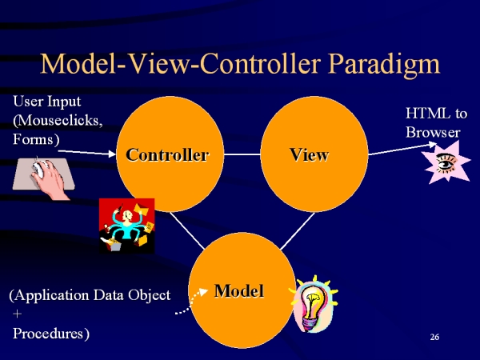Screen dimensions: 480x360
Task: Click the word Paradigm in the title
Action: point(384,64)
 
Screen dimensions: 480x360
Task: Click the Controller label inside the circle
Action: point(167,154)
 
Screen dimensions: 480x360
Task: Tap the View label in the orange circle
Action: point(310,154)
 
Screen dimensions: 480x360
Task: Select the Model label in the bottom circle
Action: point(239,291)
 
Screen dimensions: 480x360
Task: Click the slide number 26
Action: point(434,337)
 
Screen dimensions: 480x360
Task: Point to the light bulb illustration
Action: point(313,304)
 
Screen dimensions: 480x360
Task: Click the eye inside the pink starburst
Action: point(446,162)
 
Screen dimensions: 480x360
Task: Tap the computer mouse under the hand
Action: point(39,168)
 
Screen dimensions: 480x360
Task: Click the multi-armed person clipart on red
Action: point(126,226)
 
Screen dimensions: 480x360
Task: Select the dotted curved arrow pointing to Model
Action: point(190,302)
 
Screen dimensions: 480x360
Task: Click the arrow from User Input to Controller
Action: point(87,153)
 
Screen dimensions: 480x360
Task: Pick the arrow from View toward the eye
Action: point(402,149)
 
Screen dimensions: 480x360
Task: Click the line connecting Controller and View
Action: point(242,154)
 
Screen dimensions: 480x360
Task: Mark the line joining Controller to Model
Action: point(187,231)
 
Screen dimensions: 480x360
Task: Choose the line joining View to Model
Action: point(298,231)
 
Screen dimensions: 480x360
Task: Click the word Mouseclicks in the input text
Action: point(58,120)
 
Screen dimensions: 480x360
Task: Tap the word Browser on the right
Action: point(433,132)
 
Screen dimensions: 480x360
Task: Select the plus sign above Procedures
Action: point(17,314)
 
